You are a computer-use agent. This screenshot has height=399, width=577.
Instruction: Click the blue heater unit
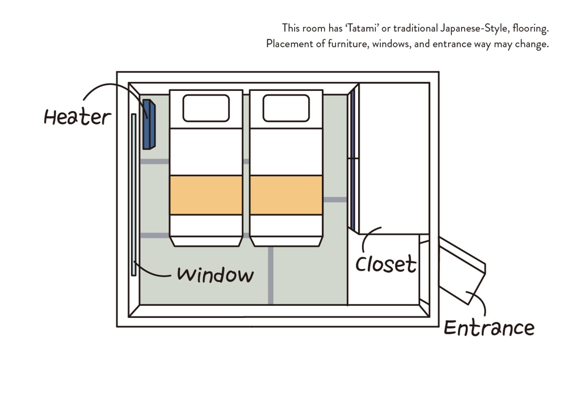[x=149, y=124]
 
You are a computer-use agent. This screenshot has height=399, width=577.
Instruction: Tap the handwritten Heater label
[x=77, y=117]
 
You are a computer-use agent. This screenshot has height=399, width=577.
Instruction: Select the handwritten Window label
[x=215, y=275]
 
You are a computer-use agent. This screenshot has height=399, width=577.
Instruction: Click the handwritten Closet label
[x=386, y=264]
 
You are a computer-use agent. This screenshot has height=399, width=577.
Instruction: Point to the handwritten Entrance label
[x=489, y=328]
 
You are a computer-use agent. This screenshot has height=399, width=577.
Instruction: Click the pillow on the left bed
[x=206, y=108]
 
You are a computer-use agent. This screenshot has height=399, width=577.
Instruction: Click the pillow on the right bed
[x=286, y=108]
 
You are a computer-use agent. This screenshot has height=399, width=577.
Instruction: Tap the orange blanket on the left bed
[x=206, y=195]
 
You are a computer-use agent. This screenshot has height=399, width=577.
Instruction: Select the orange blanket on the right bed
[x=286, y=195]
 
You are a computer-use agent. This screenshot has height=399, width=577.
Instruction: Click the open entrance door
[x=462, y=271]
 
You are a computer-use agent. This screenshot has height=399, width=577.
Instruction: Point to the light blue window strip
[x=134, y=195]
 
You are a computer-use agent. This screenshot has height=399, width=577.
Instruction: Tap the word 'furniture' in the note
[x=348, y=44]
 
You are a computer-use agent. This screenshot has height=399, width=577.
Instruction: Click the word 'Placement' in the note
[x=289, y=44]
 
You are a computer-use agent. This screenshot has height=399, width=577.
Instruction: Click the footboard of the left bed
[x=206, y=241]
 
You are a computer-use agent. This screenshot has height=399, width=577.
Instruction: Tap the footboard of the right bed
[x=286, y=241]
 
